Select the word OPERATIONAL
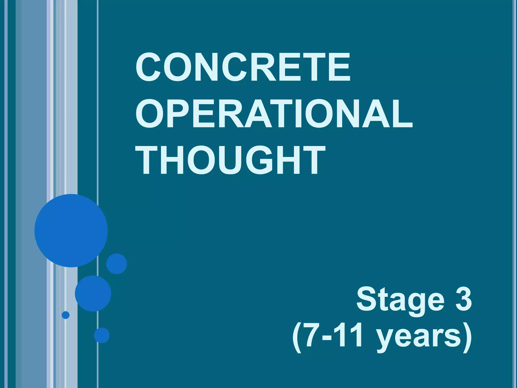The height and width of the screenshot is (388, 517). pyautogui.click(x=274, y=113)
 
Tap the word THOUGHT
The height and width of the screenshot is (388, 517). pyautogui.click(x=230, y=160)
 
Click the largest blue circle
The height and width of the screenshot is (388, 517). pyautogui.click(x=71, y=230)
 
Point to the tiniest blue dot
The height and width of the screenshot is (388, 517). pyautogui.click(x=66, y=315)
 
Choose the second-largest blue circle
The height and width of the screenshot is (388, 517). pyautogui.click(x=93, y=293)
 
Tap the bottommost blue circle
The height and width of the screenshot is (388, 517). pyautogui.click(x=102, y=335)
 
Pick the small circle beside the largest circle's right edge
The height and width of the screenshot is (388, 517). pyautogui.click(x=116, y=264)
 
